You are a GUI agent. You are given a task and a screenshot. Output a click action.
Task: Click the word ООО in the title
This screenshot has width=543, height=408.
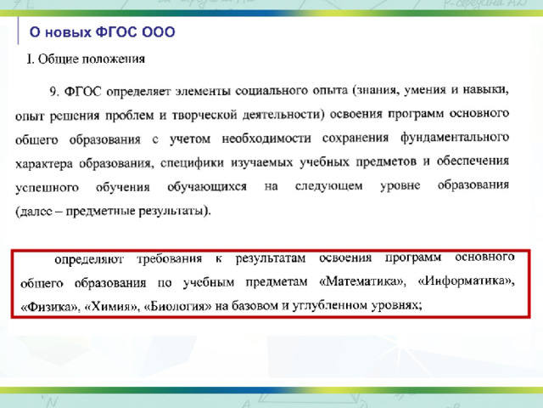(x=159, y=32)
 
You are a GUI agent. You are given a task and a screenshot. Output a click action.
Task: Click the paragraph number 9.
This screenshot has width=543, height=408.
(x=54, y=92)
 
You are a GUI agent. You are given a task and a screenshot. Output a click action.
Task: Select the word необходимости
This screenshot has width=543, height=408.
(x=266, y=139)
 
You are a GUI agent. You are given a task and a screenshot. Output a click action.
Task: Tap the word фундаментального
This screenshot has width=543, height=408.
(x=455, y=138)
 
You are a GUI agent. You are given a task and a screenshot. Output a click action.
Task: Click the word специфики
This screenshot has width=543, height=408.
(x=192, y=163)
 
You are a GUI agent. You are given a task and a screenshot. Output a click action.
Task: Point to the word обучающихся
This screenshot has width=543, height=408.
(x=207, y=187)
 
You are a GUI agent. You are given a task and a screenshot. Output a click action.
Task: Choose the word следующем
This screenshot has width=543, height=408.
(x=328, y=186)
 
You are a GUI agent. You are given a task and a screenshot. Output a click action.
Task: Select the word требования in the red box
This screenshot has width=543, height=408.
(x=170, y=259)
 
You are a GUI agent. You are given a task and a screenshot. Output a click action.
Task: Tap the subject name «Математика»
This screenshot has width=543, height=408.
(x=362, y=281)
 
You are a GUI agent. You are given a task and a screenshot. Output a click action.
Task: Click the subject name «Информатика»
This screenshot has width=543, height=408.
(x=466, y=280)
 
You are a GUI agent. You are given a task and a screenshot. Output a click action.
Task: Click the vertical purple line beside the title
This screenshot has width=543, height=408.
(x=18, y=31)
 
